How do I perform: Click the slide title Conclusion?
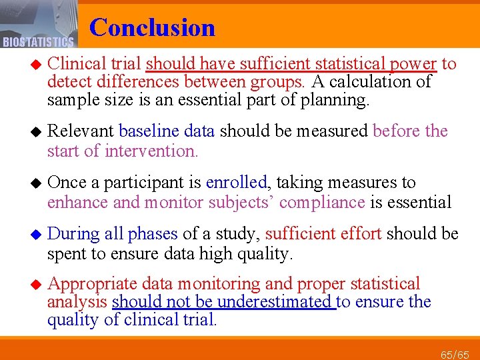click(x=152, y=27)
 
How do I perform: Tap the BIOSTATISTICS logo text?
click(x=38, y=43)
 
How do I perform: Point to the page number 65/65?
click(x=455, y=353)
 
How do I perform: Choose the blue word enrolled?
click(x=237, y=182)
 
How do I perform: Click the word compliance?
click(x=328, y=202)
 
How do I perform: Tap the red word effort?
click(x=361, y=233)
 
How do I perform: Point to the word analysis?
click(x=77, y=302)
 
